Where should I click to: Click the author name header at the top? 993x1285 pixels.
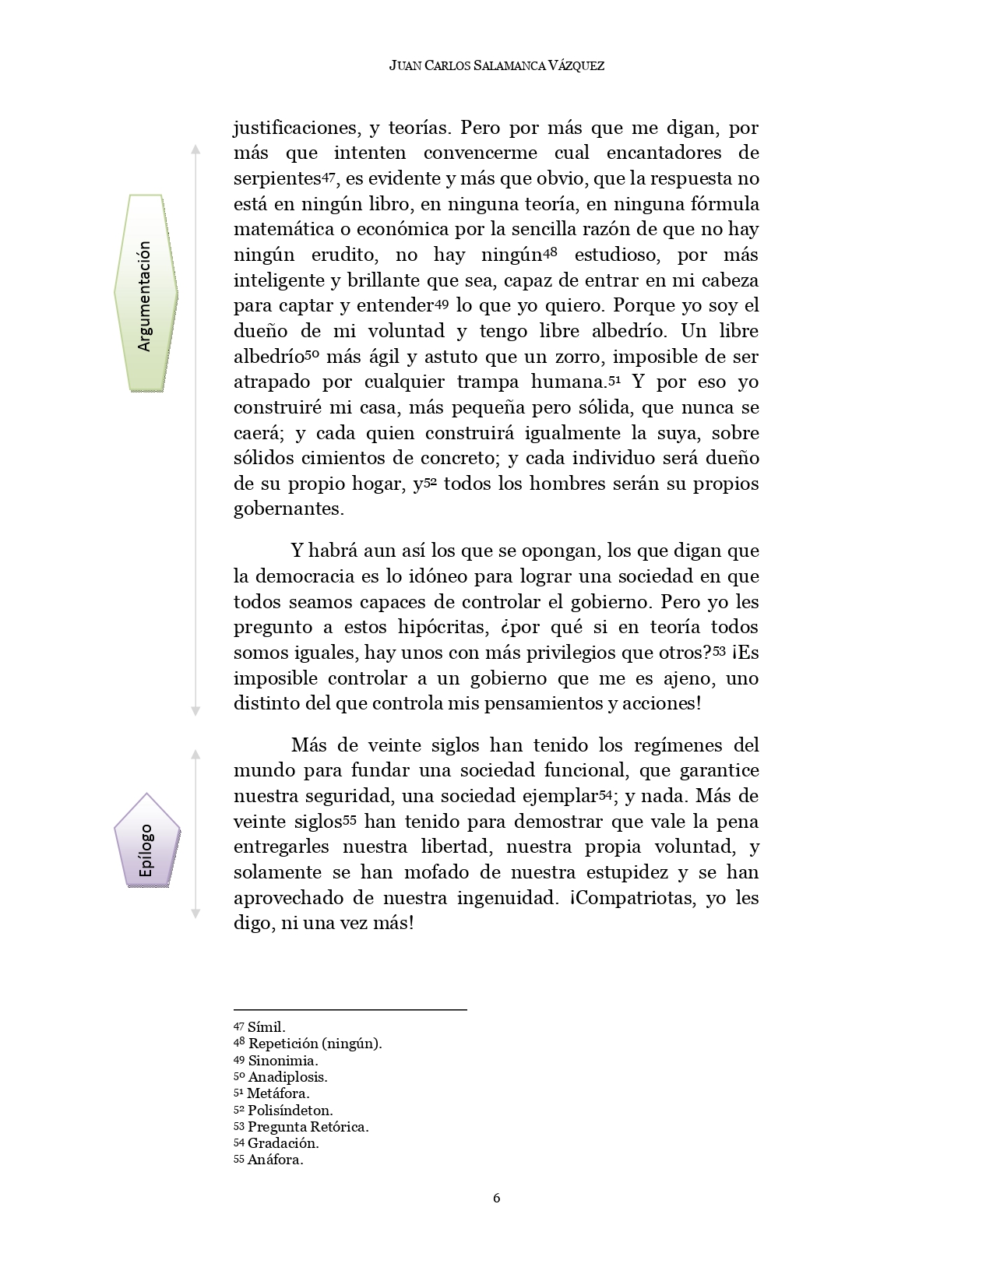[496, 66]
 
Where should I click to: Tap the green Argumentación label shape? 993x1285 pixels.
[146, 293]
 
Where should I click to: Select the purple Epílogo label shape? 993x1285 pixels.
[146, 842]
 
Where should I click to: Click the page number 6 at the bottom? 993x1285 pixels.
[496, 1198]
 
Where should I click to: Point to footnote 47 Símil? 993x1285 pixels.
[260, 1027]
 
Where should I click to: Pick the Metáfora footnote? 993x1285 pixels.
[272, 1093]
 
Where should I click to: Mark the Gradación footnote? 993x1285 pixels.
[276, 1143]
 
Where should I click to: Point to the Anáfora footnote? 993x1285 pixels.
[269, 1160]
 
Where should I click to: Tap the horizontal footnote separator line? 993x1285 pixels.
[350, 1010]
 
